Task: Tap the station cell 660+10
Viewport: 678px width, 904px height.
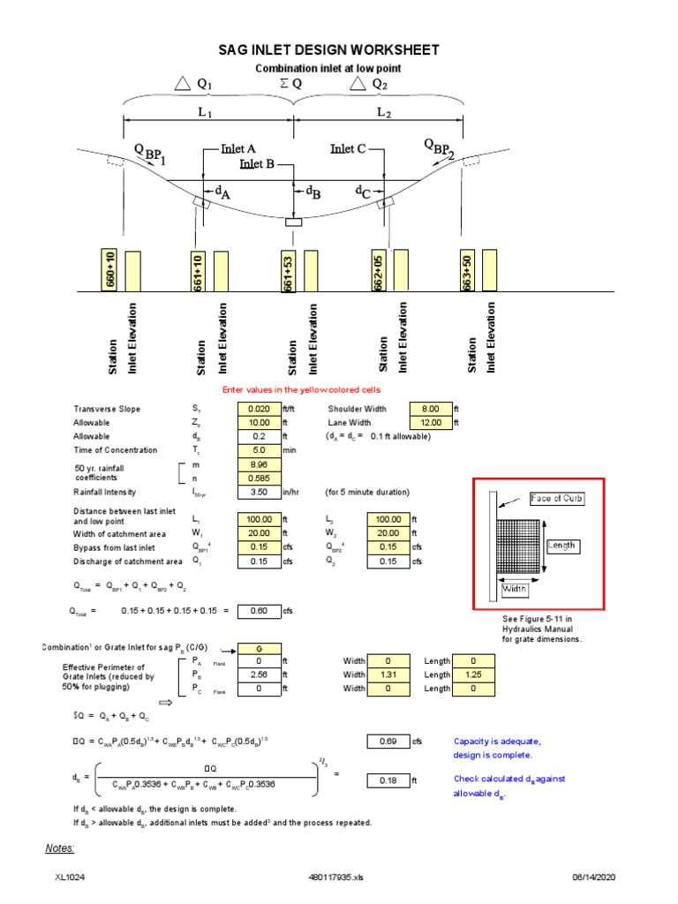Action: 109,270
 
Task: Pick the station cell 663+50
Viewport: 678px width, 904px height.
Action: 467,270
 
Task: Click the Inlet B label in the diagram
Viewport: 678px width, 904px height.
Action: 261,163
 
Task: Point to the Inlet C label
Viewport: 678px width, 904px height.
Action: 348,149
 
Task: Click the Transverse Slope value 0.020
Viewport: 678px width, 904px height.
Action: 258,409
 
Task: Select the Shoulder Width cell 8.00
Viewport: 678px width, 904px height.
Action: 431,409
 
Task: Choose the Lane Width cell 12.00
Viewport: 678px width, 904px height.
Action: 431,423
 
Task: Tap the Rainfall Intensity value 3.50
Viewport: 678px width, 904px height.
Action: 258,493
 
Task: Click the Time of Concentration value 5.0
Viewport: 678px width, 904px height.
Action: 258,450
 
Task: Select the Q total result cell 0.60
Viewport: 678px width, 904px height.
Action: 258,610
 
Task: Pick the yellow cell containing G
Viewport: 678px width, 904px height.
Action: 258,647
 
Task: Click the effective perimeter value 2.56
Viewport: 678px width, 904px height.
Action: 258,675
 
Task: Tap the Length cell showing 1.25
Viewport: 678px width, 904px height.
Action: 472,675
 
